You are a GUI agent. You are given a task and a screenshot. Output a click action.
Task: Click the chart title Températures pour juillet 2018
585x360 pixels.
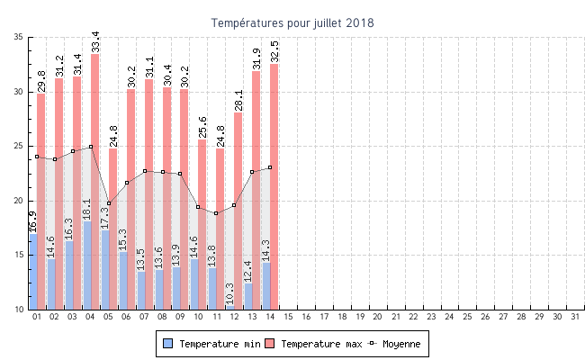[292, 22]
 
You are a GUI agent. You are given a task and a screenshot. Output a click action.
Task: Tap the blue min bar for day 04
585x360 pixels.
[87, 265]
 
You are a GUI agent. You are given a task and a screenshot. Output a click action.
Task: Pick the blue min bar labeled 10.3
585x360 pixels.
[230, 307]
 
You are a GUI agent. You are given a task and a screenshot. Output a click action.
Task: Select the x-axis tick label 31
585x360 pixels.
[574, 317]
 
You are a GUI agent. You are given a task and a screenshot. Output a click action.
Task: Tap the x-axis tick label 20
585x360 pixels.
[377, 317]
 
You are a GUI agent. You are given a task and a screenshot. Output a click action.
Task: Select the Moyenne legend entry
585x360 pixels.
[397, 344]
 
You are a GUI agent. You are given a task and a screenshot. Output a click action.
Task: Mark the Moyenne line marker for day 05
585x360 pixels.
[109, 203]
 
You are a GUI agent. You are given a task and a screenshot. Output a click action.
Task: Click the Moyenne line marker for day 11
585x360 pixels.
[216, 213]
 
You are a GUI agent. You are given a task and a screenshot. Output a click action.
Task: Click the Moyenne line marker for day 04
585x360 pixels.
[91, 147]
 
